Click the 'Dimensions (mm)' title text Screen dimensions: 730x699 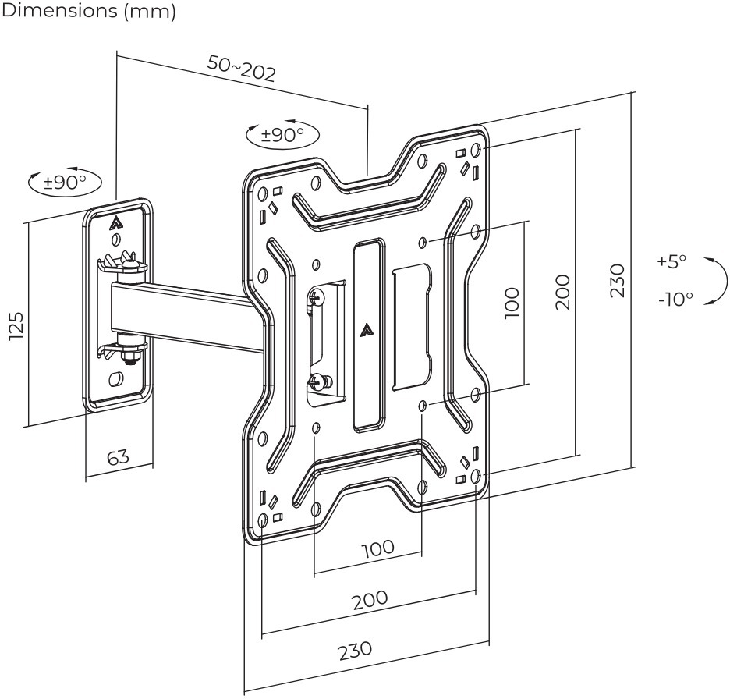[x=88, y=11]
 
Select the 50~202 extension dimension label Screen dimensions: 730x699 [x=242, y=68]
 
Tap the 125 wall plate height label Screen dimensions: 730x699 [x=16, y=325]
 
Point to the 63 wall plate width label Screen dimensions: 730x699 [x=119, y=456]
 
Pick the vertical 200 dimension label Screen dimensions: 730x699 [x=562, y=292]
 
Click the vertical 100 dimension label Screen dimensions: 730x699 [x=511, y=302]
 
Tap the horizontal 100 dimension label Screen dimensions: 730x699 [x=378, y=548]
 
